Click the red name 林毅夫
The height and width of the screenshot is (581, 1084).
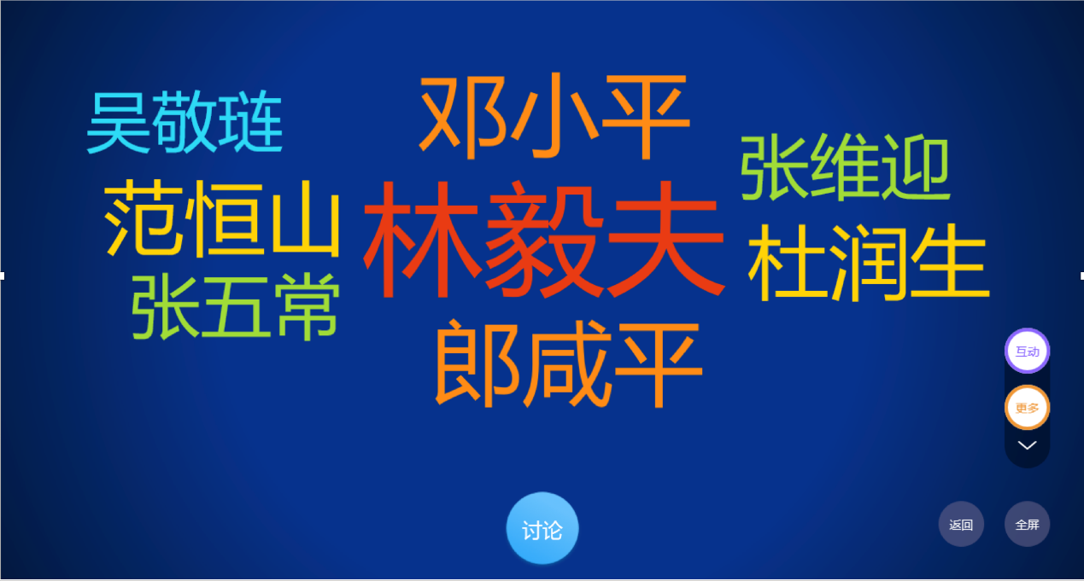click(544, 239)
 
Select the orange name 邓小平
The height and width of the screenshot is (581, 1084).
click(554, 116)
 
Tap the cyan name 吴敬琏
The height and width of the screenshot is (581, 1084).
click(185, 122)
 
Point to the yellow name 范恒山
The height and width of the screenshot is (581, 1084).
click(222, 218)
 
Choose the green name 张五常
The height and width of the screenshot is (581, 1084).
click(236, 306)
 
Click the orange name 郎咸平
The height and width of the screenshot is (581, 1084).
click(568, 364)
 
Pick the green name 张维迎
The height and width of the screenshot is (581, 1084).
click(846, 167)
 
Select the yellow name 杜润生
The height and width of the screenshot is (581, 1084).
click(869, 263)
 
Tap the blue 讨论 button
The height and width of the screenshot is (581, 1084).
click(542, 528)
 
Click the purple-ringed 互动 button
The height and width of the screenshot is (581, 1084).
click(1027, 351)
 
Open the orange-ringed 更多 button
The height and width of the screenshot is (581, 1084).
click(1027, 408)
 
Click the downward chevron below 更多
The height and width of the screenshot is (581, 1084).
click(1027, 445)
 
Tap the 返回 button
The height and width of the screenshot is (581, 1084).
click(961, 524)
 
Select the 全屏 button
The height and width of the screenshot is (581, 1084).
click(1027, 524)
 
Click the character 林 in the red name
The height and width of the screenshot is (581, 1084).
click(421, 239)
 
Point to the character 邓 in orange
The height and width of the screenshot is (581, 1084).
click(463, 117)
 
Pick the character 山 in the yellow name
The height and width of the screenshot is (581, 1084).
click(306, 223)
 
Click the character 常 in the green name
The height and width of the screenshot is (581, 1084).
click(307, 306)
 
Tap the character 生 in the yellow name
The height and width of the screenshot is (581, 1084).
click(950, 263)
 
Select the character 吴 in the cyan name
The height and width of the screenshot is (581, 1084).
click(119, 123)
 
